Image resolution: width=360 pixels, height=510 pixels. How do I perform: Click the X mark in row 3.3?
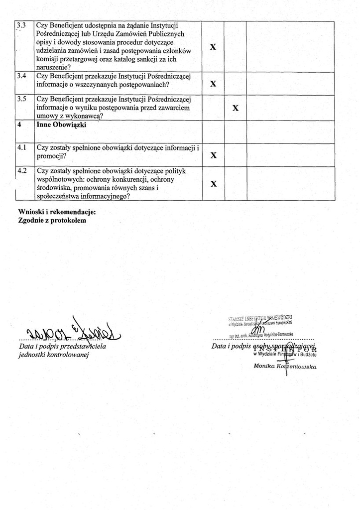click(213, 47)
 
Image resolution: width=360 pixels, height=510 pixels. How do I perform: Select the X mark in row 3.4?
click(213, 84)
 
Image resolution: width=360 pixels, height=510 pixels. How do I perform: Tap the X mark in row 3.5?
click(236, 108)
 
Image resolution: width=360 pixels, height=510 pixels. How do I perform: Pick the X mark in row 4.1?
click(213, 155)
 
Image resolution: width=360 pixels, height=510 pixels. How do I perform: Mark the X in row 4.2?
click(213, 184)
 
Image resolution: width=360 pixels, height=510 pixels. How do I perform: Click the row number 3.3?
click(21, 24)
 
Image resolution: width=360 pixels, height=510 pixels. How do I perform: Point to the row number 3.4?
click(21, 76)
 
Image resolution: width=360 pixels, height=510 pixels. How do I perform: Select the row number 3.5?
click(21, 99)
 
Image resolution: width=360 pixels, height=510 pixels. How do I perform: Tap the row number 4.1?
click(21, 147)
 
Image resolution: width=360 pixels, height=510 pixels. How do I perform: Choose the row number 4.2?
click(21, 171)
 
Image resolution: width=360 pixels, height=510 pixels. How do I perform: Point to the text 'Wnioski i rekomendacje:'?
click(57, 212)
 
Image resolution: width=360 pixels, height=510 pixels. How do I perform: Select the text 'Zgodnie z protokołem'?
click(52, 220)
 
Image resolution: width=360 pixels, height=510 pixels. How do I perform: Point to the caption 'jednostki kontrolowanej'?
click(53, 355)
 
